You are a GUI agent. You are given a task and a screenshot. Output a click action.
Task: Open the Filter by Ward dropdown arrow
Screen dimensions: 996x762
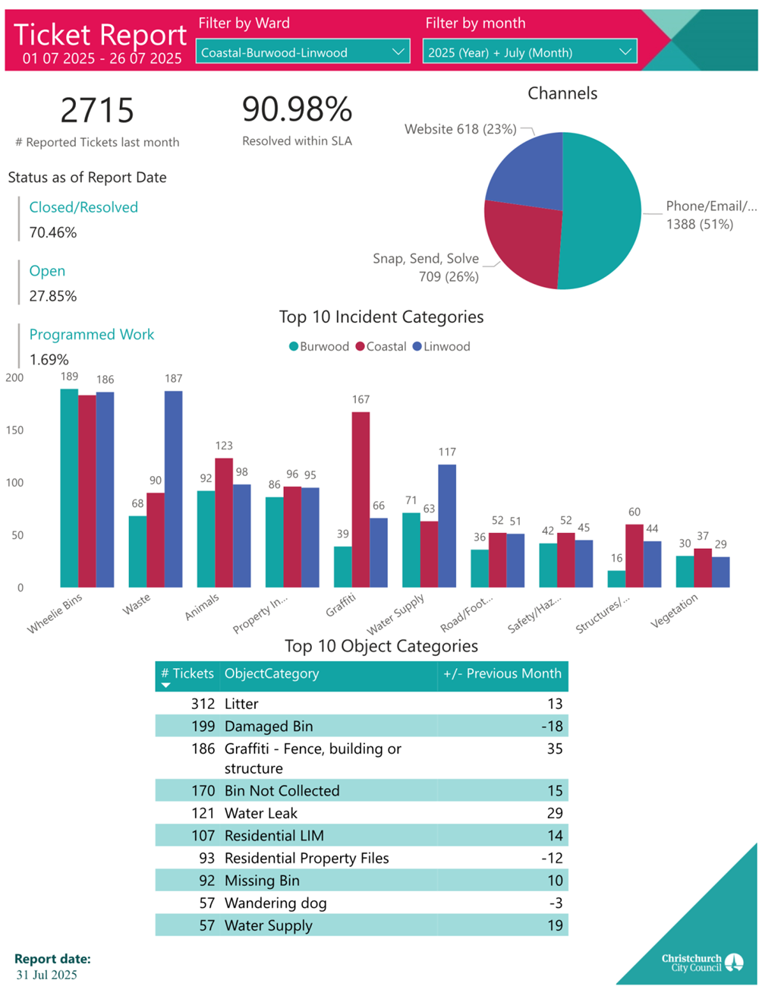[398, 52]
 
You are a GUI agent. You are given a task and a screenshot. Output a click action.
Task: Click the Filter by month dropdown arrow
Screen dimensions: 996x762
[625, 52]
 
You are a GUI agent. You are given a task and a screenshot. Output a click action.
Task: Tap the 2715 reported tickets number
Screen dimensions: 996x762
[97, 111]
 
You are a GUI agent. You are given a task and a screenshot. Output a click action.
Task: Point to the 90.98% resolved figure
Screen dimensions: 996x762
[297, 109]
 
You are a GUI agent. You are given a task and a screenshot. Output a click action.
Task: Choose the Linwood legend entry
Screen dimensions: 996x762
[441, 346]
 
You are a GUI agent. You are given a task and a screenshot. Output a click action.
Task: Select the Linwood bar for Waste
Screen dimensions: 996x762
[173, 489]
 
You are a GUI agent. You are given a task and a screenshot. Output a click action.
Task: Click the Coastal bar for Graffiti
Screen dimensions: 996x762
[361, 500]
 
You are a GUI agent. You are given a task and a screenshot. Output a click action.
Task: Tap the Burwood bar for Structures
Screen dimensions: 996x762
[616, 578]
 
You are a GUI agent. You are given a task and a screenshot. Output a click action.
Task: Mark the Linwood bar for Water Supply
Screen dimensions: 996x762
[447, 525]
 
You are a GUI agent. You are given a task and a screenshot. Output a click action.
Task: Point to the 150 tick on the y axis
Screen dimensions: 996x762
[14, 430]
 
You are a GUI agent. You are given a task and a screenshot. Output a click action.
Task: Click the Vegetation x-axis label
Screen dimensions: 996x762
[675, 611]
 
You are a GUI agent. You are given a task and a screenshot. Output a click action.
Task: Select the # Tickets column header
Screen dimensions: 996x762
[187, 673]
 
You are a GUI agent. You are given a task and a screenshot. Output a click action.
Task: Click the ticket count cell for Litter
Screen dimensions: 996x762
[203, 704]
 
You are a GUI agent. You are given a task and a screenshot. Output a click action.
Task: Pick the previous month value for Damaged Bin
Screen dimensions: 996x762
[552, 726]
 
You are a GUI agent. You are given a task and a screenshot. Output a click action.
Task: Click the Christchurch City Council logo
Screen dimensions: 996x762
[702, 963]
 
